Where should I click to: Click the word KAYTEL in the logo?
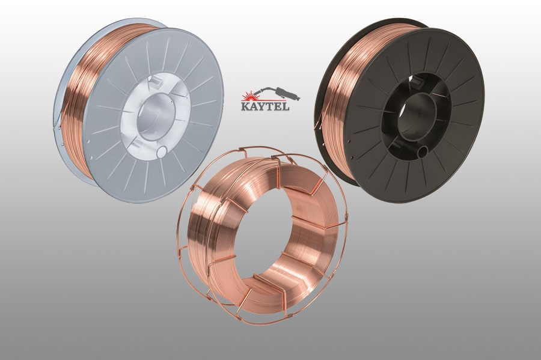(264, 106)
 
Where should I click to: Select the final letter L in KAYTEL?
(286, 106)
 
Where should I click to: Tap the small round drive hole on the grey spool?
(162, 151)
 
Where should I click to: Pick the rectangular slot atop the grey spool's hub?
(157, 81)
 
